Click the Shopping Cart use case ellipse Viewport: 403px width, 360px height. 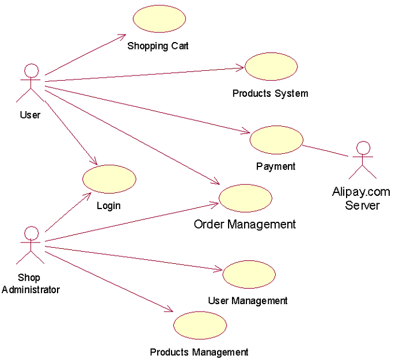tap(159, 18)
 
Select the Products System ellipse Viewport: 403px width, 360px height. tap(271, 66)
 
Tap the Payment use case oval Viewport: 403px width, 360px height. tap(276, 140)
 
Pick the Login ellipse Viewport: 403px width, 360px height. tap(109, 179)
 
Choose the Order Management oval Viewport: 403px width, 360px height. tap(245, 198)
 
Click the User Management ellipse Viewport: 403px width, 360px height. tap(249, 275)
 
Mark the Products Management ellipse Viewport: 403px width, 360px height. tap(200, 325)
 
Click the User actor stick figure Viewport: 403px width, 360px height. tap(31, 84)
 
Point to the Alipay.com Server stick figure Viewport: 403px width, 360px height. tap(362, 160)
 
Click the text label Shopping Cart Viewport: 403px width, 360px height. tap(158, 46)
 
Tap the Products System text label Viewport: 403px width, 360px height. tap(270, 93)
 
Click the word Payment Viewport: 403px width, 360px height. tap(276, 166)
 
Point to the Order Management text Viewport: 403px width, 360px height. tap(245, 224)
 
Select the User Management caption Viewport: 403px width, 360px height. tap(248, 301)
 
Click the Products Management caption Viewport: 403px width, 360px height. tap(199, 352)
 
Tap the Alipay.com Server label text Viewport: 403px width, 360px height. tap(361, 198)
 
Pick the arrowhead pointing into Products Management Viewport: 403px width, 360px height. tap(170, 310)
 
